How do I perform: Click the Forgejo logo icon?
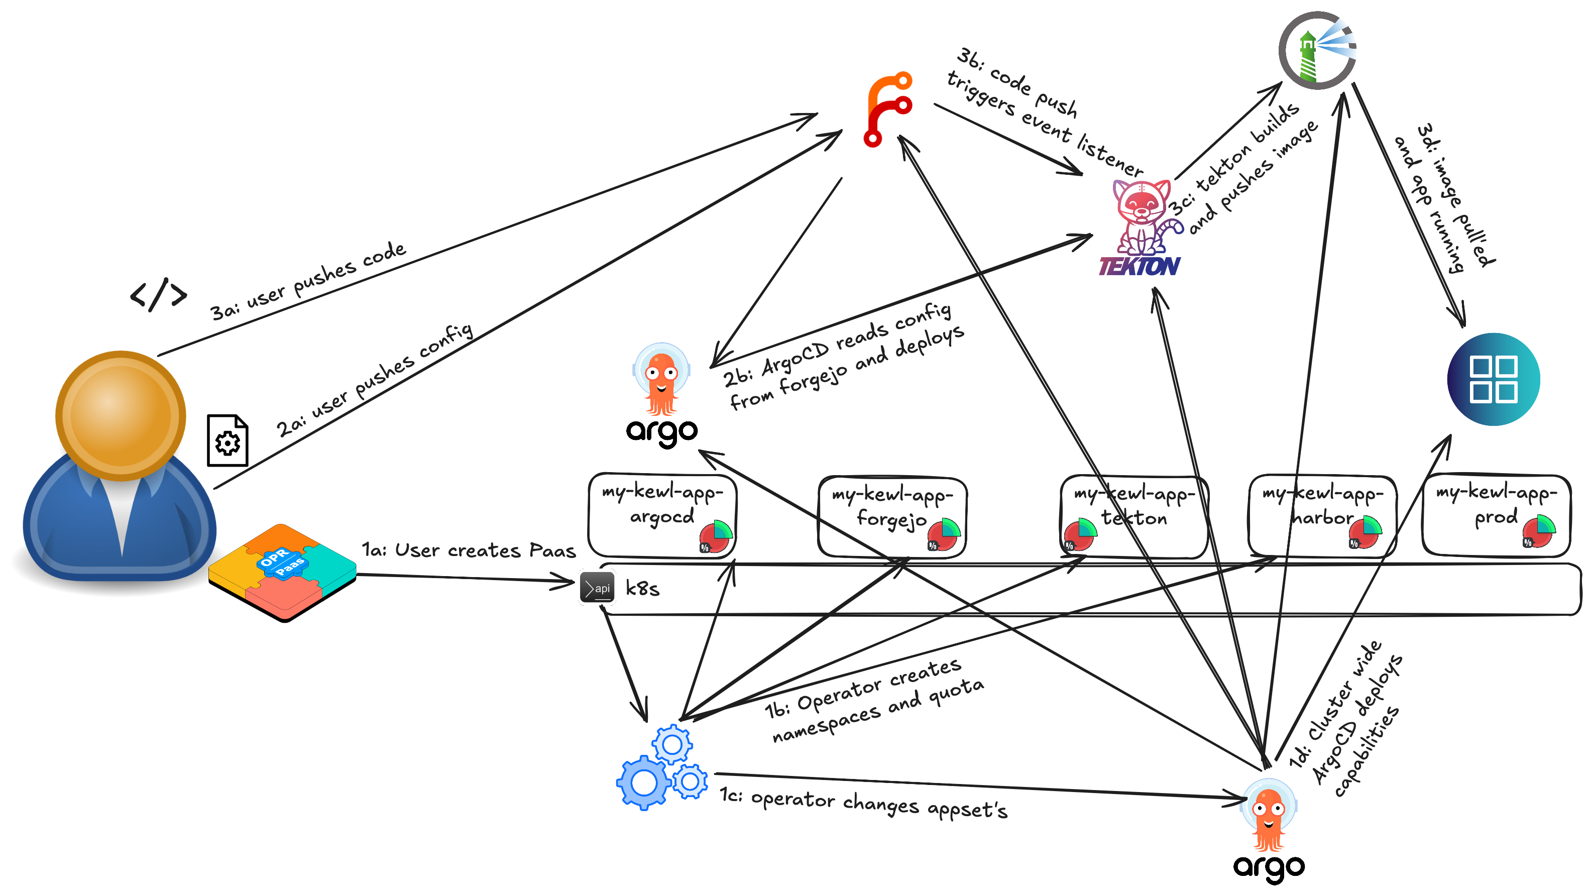888,109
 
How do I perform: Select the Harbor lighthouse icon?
1317,51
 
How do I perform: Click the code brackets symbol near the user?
158,294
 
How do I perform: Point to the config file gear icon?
228,441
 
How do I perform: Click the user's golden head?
121,415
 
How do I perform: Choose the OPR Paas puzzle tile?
282,572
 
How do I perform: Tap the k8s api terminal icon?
597,587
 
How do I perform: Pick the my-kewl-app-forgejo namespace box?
892,516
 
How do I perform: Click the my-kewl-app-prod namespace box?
1495,515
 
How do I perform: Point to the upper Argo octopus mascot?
661,380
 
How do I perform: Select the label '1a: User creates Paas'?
468,550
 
